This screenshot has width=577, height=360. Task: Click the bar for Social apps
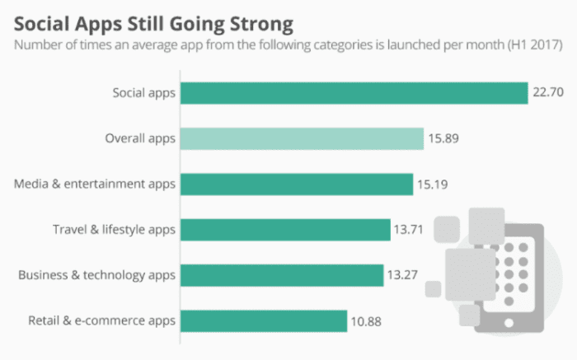354,93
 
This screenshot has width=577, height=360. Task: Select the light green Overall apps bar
302,138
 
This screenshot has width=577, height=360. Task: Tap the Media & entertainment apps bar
296,184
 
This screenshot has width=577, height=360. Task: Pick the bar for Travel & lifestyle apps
284,229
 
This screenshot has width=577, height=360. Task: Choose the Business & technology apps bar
281,274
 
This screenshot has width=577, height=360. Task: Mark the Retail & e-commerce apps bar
263,320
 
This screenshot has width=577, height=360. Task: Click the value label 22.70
547,93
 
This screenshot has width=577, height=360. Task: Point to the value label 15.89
443,138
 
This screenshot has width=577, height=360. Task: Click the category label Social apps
144,93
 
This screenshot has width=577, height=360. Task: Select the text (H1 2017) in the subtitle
534,44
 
